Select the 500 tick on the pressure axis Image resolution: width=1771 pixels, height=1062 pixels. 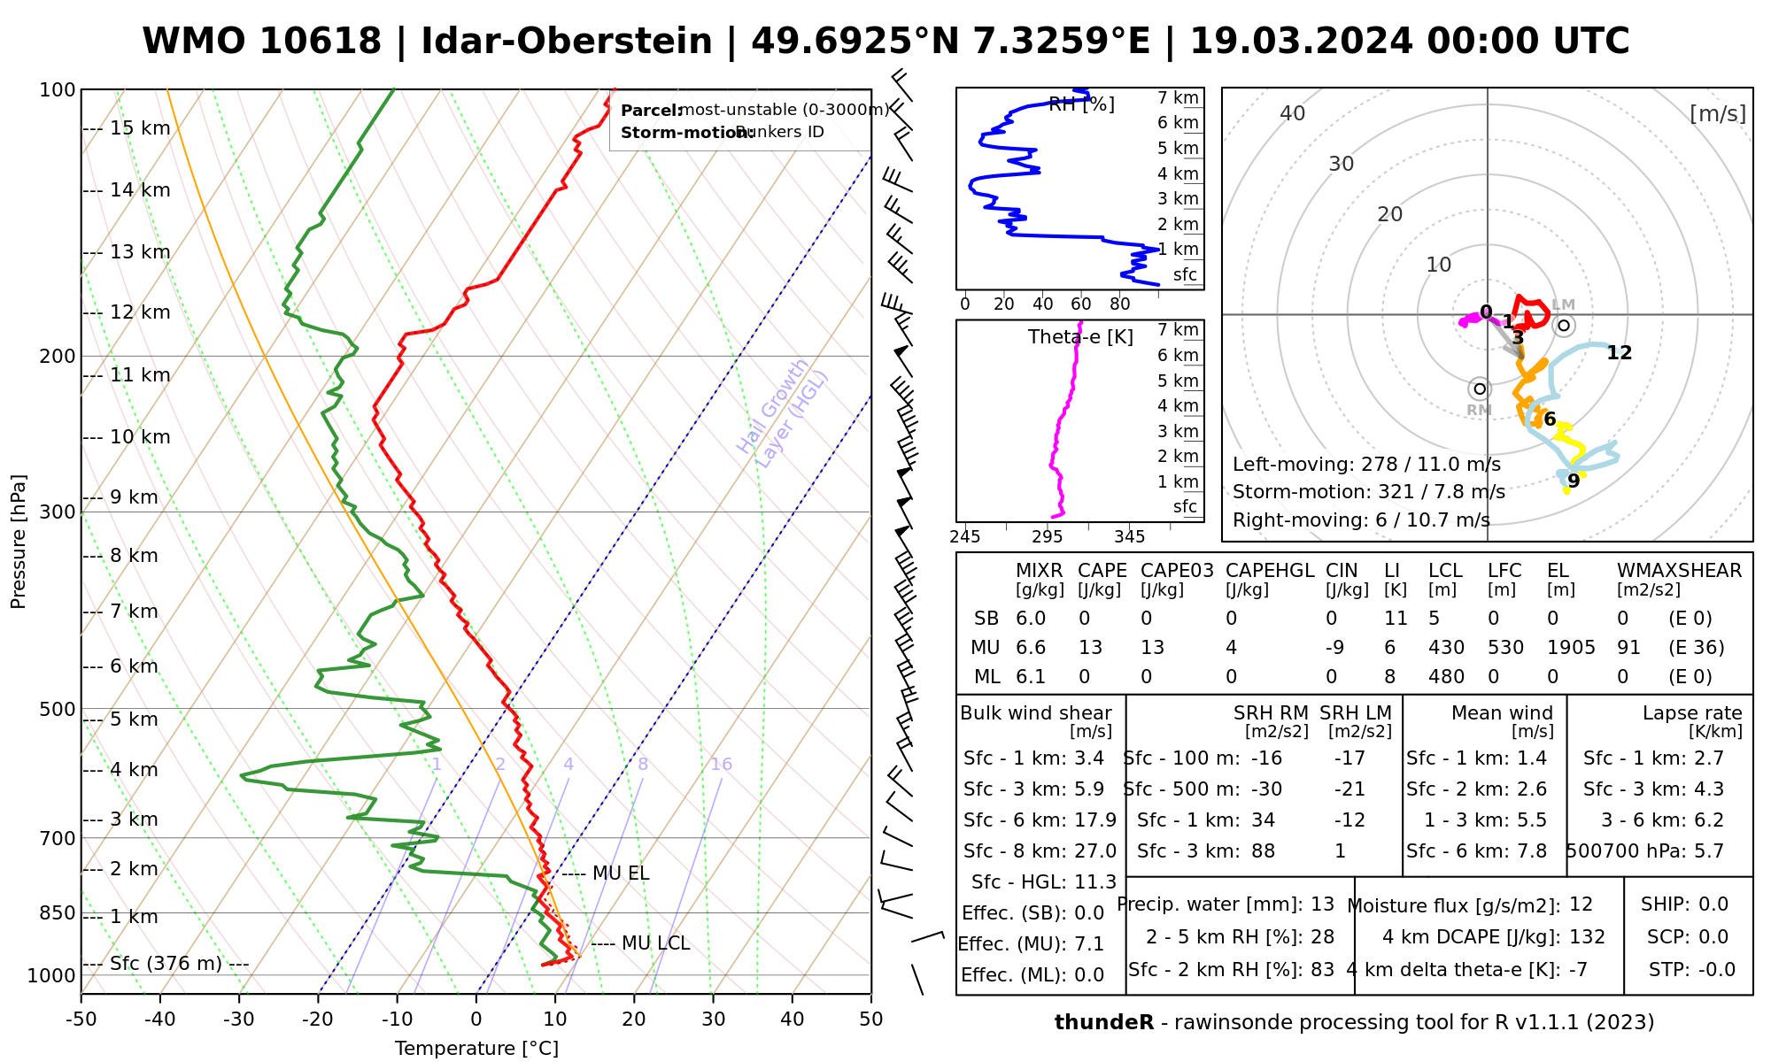tap(58, 710)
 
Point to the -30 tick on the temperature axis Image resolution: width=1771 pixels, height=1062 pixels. tap(239, 1020)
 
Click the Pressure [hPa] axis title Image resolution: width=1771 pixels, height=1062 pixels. tap(19, 542)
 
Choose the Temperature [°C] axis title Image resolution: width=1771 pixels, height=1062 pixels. tap(476, 1049)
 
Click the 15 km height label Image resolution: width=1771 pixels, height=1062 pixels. tap(140, 128)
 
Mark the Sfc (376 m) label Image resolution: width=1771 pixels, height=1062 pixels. tap(166, 964)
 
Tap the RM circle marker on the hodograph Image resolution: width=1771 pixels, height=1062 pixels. tap(1480, 389)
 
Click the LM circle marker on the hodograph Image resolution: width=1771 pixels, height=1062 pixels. tap(1565, 326)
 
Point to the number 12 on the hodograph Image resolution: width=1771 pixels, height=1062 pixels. tap(1619, 353)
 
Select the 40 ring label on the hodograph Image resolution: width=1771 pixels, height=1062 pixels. tap(1293, 113)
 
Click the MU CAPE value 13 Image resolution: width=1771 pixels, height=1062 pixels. tap(1090, 648)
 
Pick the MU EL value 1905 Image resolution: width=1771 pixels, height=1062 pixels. tap(1571, 648)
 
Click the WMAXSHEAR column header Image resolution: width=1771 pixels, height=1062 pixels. tap(1679, 571)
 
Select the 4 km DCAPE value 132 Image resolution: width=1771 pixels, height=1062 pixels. tap(1587, 937)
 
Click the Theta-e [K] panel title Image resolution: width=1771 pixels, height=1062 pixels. tap(1080, 337)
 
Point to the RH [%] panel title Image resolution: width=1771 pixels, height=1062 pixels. tap(1081, 104)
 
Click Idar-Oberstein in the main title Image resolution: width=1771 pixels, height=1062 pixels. tap(567, 42)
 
